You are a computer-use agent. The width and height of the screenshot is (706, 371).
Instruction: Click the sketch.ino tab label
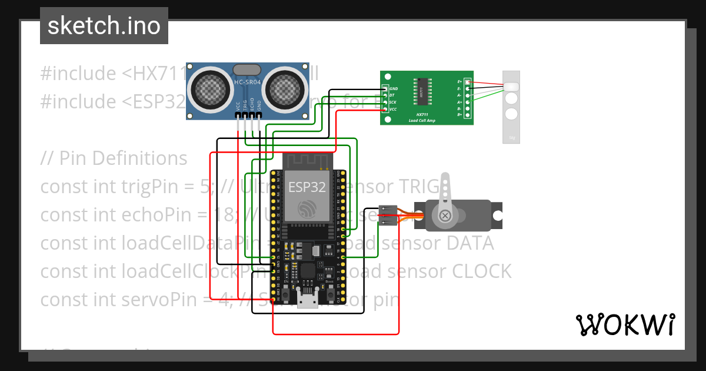coord(104,26)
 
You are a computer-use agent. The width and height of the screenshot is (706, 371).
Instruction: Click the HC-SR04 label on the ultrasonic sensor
coord(248,82)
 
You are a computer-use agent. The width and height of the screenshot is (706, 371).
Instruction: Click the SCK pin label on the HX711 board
coord(393,102)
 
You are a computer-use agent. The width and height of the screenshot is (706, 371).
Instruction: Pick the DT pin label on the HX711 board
coord(392,95)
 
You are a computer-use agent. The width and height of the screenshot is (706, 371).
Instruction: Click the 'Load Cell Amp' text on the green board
coord(422,120)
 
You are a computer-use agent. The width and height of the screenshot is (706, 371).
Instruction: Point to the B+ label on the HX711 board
coord(460,115)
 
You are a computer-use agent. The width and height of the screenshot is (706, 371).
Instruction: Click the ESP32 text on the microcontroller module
coord(307,187)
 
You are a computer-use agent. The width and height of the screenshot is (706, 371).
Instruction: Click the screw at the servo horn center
coord(445,216)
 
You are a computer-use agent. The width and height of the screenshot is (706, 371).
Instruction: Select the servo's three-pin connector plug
coord(387,216)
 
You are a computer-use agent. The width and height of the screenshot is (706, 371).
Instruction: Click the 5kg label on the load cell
coord(511,139)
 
